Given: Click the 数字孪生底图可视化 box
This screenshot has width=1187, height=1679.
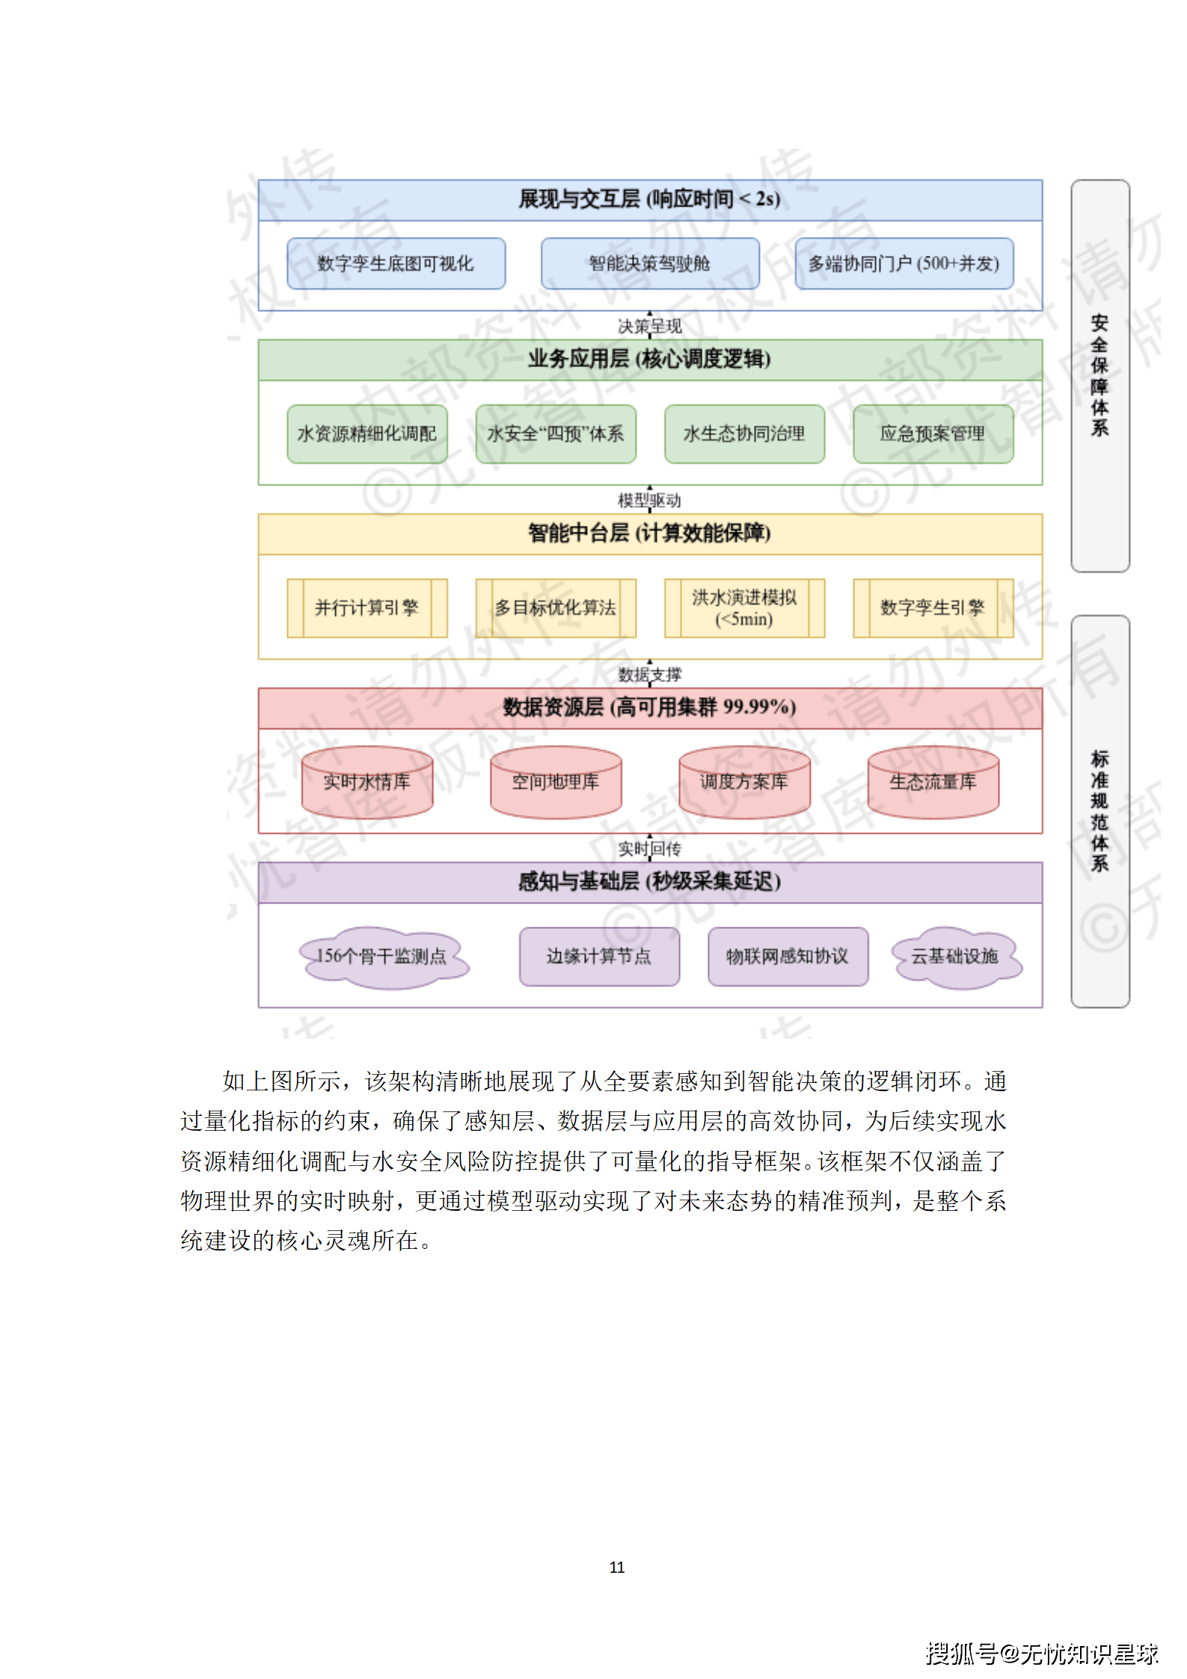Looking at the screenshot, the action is pyautogui.click(x=396, y=263).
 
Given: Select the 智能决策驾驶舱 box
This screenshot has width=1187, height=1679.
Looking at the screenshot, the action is pyautogui.click(x=649, y=263).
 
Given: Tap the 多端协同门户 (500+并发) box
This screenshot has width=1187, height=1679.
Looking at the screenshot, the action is pyautogui.click(x=904, y=263).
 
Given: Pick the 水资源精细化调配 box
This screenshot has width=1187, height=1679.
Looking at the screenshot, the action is pyautogui.click(x=366, y=434).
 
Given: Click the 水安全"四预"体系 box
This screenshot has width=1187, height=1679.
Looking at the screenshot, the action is pyautogui.click(x=555, y=434).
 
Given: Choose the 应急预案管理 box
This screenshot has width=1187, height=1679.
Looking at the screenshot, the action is pyautogui.click(x=933, y=434).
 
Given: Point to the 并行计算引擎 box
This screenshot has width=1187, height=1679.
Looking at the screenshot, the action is pyautogui.click(x=366, y=607).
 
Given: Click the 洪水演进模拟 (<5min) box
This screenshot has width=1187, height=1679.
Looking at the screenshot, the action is pyautogui.click(x=744, y=607).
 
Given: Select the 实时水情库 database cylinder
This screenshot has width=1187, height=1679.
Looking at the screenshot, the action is pyautogui.click(x=366, y=782).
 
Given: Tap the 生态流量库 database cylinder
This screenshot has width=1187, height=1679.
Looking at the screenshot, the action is pyautogui.click(x=933, y=782).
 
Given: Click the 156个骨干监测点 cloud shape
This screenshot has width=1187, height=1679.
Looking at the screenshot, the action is pyautogui.click(x=382, y=957).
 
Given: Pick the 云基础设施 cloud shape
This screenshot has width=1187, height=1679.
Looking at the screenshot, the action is pyautogui.click(x=955, y=957).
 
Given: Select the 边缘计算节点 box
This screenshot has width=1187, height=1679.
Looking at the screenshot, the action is pyautogui.click(x=599, y=957).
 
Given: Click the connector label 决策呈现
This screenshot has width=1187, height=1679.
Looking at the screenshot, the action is pyautogui.click(x=649, y=326).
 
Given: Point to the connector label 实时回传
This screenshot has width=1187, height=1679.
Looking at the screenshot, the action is pyautogui.click(x=649, y=849).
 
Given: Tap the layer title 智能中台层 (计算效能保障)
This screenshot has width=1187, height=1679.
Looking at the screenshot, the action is pyautogui.click(x=649, y=533).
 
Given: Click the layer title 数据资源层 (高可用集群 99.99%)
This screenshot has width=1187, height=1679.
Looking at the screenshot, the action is pyautogui.click(x=649, y=707).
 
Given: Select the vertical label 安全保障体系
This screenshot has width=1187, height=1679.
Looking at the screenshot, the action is pyautogui.click(x=1099, y=375).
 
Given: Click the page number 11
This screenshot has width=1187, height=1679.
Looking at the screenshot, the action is pyautogui.click(x=616, y=1567).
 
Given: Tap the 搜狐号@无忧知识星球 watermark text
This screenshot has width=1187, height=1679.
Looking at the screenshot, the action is pyautogui.click(x=1041, y=1653).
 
